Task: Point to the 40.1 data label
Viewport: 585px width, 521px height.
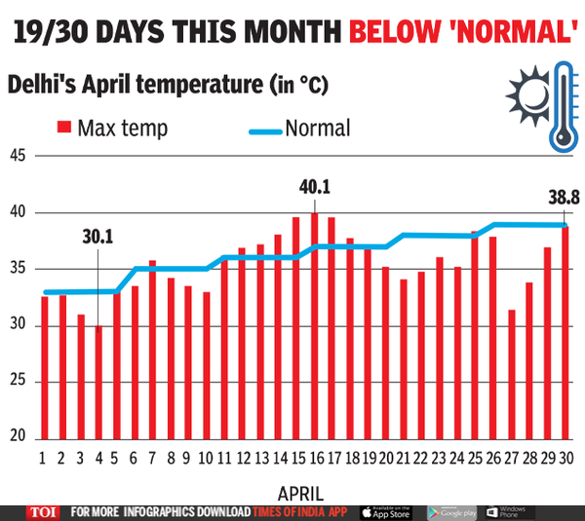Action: pyautogui.click(x=313, y=186)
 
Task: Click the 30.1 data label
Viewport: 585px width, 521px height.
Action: pyautogui.click(x=98, y=235)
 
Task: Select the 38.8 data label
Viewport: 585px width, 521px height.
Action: pyautogui.click(x=563, y=197)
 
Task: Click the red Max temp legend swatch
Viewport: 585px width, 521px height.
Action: pyautogui.click(x=64, y=128)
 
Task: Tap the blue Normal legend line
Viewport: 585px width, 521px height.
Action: pyautogui.click(x=253, y=129)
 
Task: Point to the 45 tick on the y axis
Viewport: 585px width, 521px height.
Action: pyautogui.click(x=19, y=156)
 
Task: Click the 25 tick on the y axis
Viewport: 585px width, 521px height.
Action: pyautogui.click(x=19, y=382)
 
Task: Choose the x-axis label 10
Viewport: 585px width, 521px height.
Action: pyautogui.click(x=206, y=457)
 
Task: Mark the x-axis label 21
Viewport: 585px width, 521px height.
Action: pyautogui.click(x=404, y=457)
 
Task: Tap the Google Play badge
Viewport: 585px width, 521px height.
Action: pyautogui.click(x=450, y=512)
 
